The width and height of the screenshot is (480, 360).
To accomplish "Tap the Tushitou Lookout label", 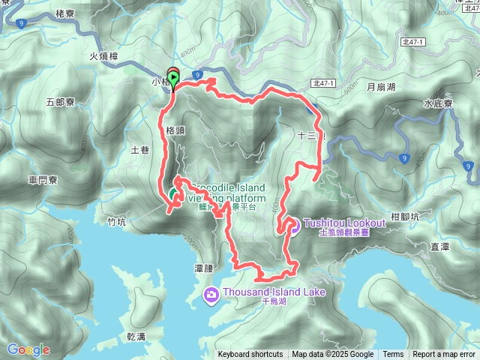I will tap(344, 223).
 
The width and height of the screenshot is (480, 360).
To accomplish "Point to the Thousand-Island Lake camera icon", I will tap(211, 292).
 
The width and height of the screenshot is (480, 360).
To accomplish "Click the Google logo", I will tap(28, 349).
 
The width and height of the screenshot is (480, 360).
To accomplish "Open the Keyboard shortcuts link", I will tap(250, 355).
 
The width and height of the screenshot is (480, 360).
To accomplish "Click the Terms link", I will tap(393, 355).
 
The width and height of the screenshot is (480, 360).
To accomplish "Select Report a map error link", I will tap(444, 355).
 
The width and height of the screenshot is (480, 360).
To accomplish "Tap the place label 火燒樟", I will tap(103, 56).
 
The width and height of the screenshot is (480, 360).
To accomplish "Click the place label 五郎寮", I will tap(59, 101).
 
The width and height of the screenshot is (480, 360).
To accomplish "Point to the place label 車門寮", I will tap(43, 180).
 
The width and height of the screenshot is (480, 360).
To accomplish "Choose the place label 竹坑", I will tap(116, 221).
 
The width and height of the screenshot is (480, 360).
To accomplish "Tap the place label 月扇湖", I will tap(380, 87).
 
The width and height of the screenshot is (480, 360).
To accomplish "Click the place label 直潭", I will tap(439, 245).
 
